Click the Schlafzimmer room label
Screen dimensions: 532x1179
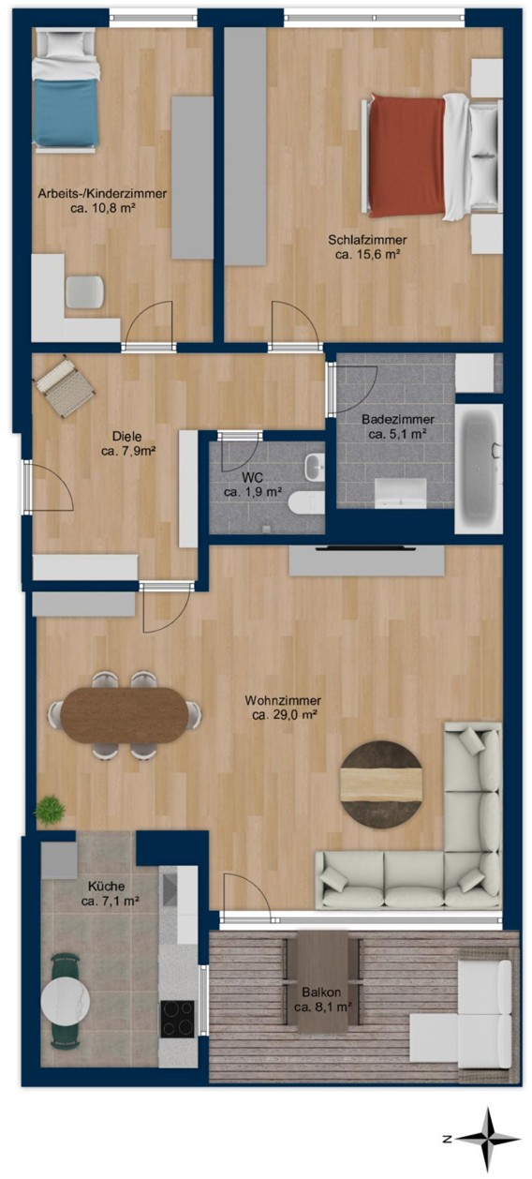click(367, 240)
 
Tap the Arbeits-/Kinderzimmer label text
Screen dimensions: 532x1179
click(102, 194)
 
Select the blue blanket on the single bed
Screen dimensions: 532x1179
click(66, 112)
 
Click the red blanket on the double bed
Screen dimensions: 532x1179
click(406, 156)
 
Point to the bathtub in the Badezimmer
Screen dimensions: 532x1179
click(479, 469)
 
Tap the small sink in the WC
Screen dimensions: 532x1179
click(315, 467)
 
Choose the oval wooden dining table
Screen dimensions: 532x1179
click(124, 715)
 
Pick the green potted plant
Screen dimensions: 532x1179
click(50, 810)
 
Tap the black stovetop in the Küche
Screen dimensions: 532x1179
click(177, 1019)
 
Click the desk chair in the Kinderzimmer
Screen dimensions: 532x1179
click(84, 291)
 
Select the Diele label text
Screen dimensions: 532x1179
click(126, 436)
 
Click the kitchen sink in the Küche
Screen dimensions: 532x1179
click(170, 890)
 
